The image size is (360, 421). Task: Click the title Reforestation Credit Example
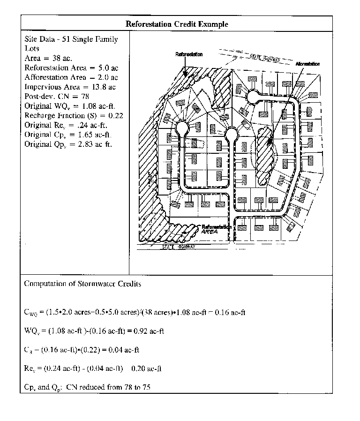coord(177,24)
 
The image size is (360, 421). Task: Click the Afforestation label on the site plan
coord(307,64)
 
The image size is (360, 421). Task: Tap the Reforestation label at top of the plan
coord(189,54)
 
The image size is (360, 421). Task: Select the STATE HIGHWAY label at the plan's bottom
coord(179,247)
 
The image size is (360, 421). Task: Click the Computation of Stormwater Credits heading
coord(82,284)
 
